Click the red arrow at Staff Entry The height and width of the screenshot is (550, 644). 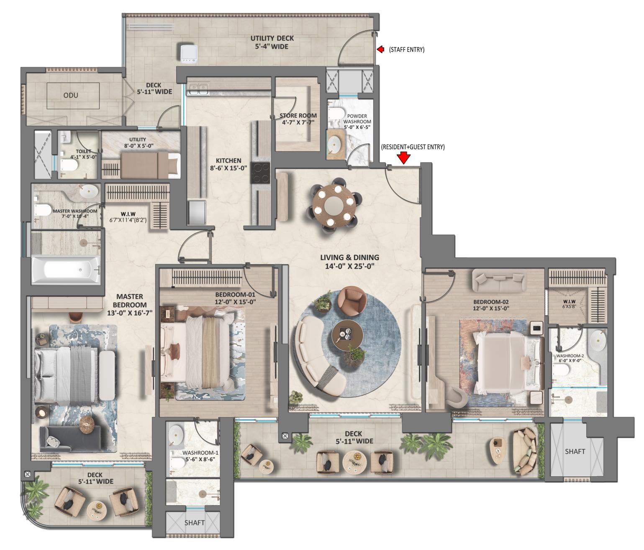[380, 49]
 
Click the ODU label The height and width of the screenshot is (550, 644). [71, 95]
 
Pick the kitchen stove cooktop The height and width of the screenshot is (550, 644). [261, 173]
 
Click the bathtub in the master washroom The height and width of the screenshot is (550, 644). [66, 270]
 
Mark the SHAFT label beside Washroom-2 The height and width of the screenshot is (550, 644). [575, 451]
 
